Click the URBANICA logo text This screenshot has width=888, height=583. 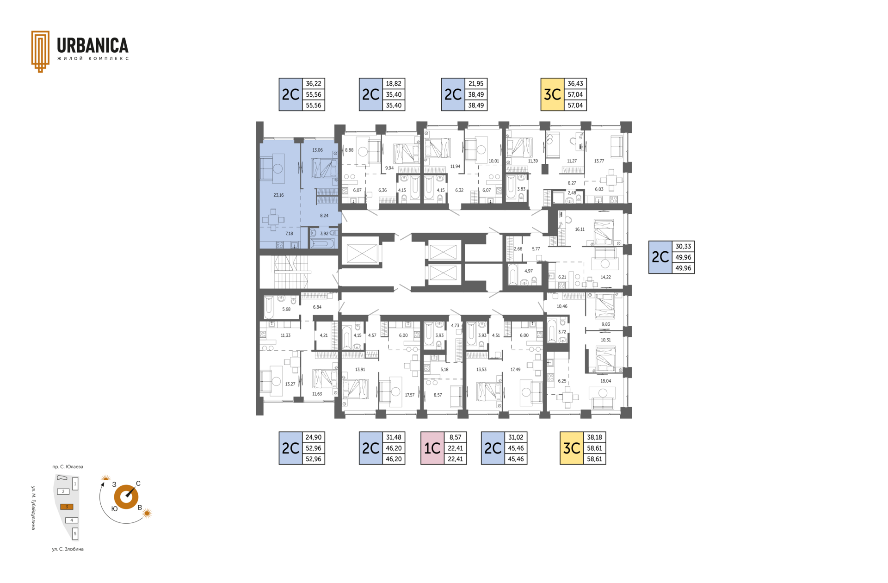pos(92,45)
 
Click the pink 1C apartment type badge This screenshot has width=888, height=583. pos(432,448)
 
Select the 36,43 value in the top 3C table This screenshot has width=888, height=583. pos(575,84)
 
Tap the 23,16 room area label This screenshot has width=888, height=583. pos(278,195)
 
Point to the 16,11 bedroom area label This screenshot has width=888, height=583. pos(580,229)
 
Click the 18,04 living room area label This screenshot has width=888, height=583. pos(605,381)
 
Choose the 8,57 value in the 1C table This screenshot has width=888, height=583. pos(456,437)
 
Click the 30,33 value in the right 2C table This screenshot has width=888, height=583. pos(683,247)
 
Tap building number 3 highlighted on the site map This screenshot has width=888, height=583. pos(67,507)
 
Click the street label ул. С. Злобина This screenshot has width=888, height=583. pos(68,549)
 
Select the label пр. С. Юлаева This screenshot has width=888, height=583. pos(68,467)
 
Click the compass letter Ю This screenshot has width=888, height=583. pos(114,509)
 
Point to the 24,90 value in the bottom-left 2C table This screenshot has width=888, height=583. pos(314,437)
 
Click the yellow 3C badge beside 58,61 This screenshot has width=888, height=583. pos(572,448)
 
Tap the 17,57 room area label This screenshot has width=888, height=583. pos(409,395)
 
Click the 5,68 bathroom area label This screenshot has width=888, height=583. pos(286,309)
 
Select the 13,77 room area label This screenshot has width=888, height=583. pos(599,161)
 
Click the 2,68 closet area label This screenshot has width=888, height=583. pos(518,249)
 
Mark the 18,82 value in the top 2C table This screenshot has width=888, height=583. pos(394,84)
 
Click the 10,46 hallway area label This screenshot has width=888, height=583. pos(562,306)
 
